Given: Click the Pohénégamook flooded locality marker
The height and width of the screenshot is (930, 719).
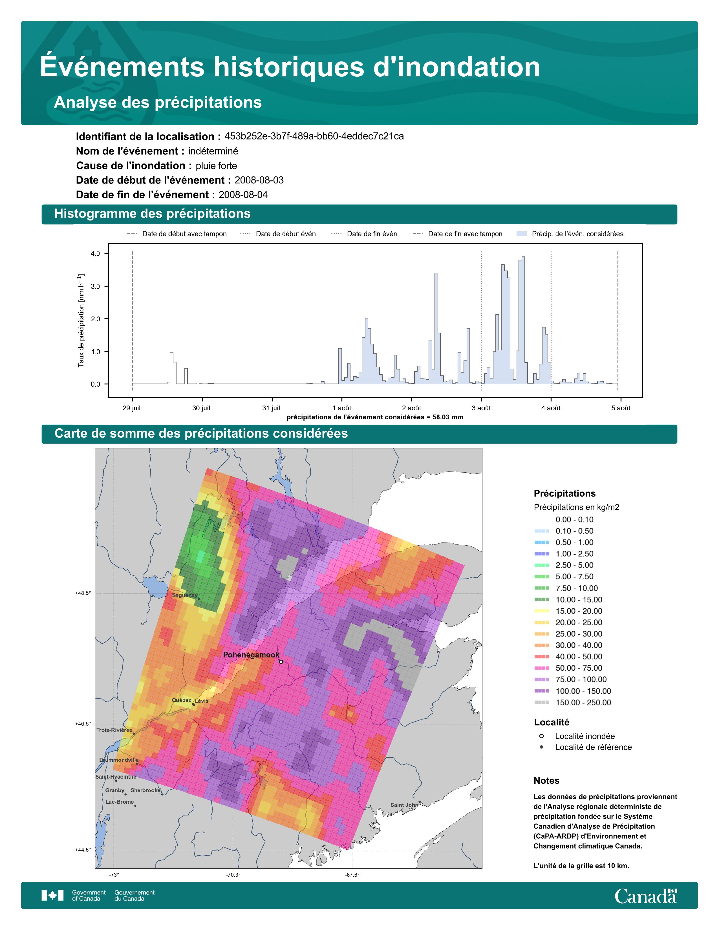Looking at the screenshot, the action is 281,662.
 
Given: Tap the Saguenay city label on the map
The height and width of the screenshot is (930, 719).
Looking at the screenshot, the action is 185,595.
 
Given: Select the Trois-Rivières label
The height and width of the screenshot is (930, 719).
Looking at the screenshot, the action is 114,730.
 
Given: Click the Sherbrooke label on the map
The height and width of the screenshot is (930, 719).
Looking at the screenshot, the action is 146,790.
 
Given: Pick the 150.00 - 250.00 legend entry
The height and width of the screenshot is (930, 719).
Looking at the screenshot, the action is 572,703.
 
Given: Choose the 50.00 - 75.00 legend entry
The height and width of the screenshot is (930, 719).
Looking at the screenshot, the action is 568,668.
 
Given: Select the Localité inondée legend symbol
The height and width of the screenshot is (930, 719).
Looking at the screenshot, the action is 541,736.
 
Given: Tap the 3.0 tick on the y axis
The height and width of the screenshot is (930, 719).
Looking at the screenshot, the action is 95,287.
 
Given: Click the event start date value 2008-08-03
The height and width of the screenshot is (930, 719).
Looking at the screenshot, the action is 259,180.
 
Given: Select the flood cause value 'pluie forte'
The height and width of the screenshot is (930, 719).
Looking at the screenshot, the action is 216,166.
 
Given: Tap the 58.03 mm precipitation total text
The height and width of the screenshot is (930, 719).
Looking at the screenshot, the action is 445,417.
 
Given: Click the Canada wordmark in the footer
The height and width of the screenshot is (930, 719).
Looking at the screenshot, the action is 646,896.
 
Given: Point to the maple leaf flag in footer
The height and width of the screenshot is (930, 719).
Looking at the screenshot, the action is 52,896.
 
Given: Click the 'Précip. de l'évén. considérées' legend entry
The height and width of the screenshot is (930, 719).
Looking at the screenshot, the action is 570,234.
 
